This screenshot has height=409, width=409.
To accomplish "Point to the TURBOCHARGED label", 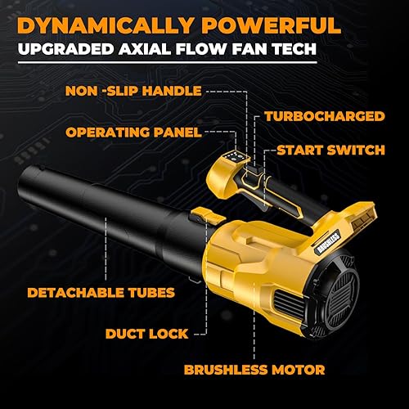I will coord(326,117).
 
